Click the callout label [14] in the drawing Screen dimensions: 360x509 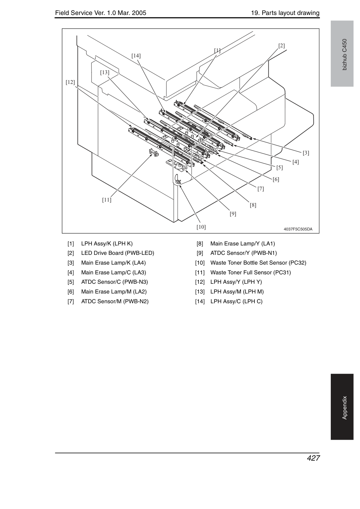pyautogui.click(x=136, y=56)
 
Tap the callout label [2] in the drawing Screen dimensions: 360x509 pyautogui.click(x=281, y=46)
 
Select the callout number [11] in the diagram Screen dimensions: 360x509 pyautogui.click(x=107, y=200)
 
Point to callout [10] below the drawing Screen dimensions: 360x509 pyautogui.click(x=201, y=227)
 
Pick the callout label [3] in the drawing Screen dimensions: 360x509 pyautogui.click(x=306, y=153)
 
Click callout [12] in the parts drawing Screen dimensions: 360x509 pyautogui.click(x=70, y=82)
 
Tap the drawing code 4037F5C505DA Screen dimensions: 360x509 pyautogui.click(x=298, y=229)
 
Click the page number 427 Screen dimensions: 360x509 pyautogui.click(x=313, y=458)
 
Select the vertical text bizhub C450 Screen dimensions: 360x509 pyautogui.click(x=345, y=55)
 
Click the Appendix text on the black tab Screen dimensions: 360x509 pyautogui.click(x=345, y=408)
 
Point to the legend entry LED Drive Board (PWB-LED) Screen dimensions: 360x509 pyautogui.click(x=118, y=253)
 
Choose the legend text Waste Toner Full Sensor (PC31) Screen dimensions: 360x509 pyautogui.click(x=250, y=273)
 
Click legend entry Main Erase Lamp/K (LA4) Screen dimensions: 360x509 pyautogui.click(x=114, y=263)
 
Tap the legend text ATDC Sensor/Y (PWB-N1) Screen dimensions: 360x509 pyautogui.click(x=243, y=253)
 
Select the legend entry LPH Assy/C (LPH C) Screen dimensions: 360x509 pyautogui.click(x=236, y=302)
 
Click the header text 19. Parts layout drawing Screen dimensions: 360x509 pyautogui.click(x=285, y=13)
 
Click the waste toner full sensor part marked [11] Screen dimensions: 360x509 pyautogui.click(x=154, y=152)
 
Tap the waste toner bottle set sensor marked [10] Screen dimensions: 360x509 pyautogui.click(x=178, y=181)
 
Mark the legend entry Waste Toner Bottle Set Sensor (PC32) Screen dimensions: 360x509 pyautogui.click(x=258, y=263)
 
